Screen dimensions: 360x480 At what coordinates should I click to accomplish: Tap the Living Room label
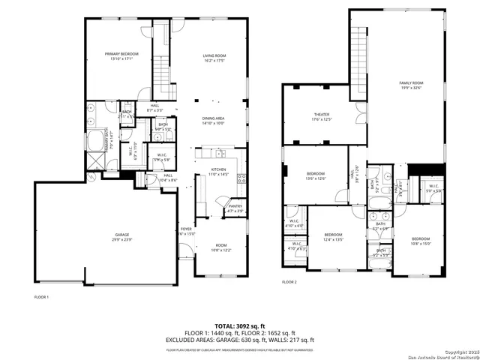214,58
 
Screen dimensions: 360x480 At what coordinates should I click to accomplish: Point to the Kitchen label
218,172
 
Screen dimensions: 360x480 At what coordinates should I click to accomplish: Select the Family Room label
411,85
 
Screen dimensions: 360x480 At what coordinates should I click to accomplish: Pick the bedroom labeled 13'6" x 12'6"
315,175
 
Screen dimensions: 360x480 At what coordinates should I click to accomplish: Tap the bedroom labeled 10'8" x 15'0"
421,240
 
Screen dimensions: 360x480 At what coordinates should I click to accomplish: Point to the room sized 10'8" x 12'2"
221,247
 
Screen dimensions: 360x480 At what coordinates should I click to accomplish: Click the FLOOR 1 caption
41,297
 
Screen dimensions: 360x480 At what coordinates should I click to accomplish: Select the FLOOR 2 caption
289,282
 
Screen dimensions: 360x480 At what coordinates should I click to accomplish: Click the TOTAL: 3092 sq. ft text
239,326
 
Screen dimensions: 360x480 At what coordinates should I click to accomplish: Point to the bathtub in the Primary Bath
97,142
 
